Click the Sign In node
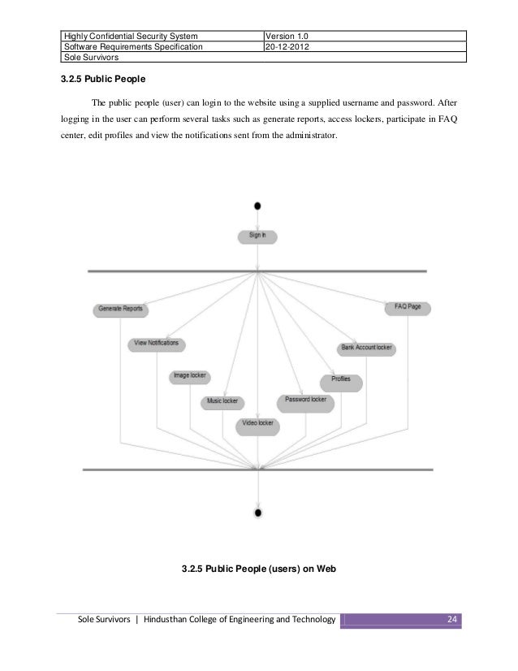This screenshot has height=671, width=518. pos(257,236)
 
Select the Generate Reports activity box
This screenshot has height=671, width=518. pos(123,310)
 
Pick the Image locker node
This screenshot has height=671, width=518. pos(190,376)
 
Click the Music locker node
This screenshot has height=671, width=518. pos(222,401)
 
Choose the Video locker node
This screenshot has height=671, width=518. pos(258,424)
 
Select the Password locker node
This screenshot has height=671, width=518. pos(305,400)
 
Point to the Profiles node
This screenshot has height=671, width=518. pos(342,380)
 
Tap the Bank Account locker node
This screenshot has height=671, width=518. pos(366,348)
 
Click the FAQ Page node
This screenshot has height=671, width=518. pos(408,308)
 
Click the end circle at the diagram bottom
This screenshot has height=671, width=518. pos(258,513)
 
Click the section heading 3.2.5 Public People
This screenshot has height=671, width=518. pos(101,80)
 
